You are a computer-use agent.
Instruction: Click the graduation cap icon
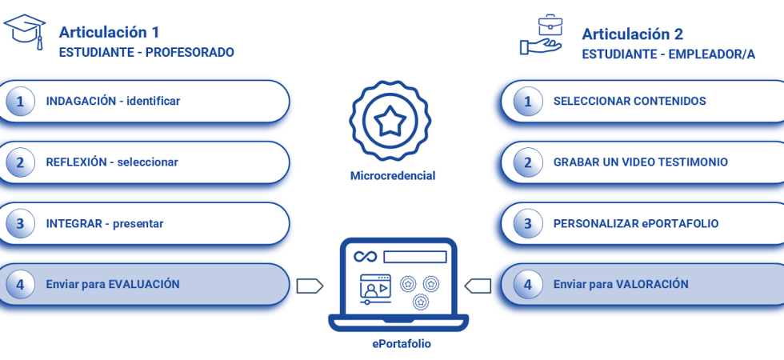click(x=25, y=30)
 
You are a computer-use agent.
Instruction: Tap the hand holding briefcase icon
click(x=542, y=35)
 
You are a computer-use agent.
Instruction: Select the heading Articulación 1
click(x=109, y=32)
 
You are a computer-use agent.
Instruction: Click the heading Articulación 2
click(x=632, y=34)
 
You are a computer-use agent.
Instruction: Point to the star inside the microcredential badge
click(x=390, y=122)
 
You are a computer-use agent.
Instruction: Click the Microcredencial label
click(x=393, y=175)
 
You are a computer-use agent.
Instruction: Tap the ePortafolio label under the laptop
click(x=402, y=343)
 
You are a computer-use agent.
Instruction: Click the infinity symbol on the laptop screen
click(x=365, y=257)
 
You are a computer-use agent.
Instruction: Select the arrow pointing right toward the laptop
click(x=310, y=286)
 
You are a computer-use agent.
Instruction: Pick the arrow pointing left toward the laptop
click(x=478, y=286)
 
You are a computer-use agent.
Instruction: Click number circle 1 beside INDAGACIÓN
click(x=20, y=102)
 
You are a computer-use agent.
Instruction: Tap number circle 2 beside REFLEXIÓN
click(x=20, y=162)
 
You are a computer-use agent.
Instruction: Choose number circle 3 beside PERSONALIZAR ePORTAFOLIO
click(x=527, y=224)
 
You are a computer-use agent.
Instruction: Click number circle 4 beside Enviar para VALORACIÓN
click(x=527, y=284)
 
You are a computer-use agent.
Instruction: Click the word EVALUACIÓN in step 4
click(x=144, y=284)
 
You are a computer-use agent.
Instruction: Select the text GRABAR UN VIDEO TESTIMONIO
click(x=640, y=162)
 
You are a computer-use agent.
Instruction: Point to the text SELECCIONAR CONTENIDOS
click(x=629, y=102)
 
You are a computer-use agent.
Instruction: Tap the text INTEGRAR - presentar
click(x=104, y=224)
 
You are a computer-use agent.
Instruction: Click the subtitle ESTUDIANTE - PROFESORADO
click(x=146, y=53)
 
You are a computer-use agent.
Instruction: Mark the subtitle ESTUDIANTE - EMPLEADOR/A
click(x=668, y=54)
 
